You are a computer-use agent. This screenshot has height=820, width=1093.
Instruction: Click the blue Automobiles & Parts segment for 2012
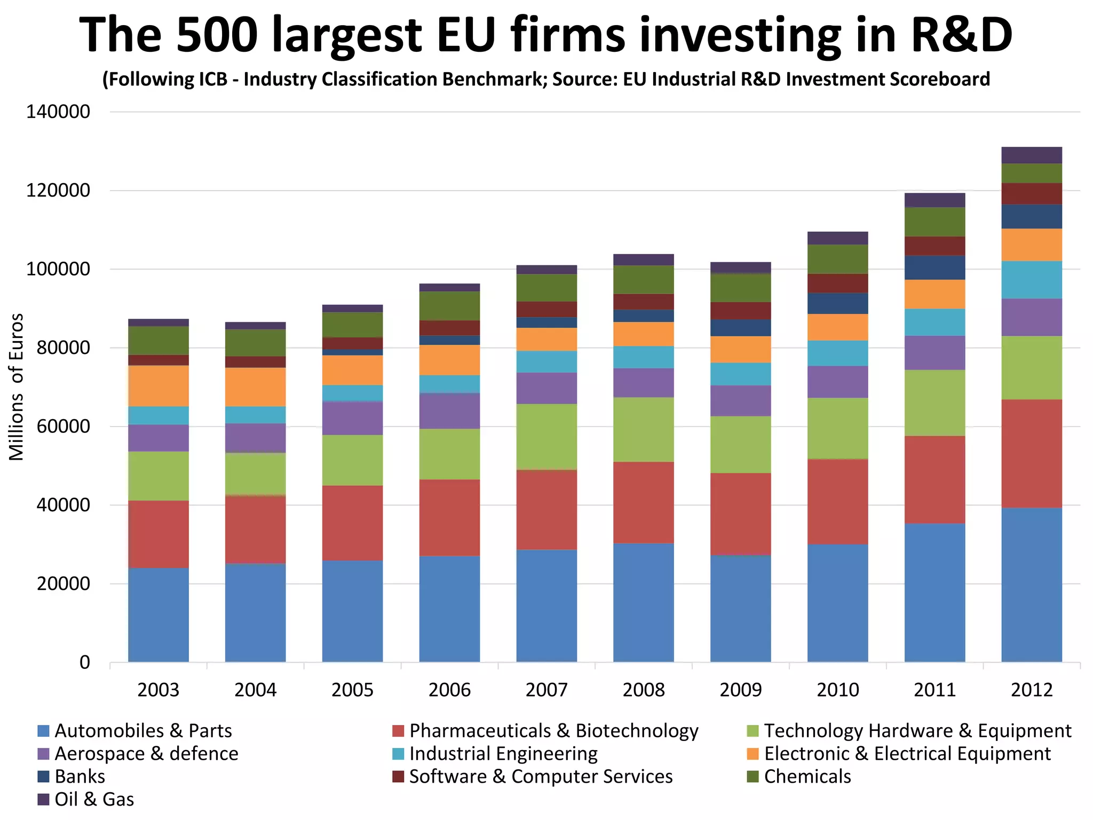(x=1031, y=585)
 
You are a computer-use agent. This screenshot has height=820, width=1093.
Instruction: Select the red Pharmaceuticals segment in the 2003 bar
(x=159, y=534)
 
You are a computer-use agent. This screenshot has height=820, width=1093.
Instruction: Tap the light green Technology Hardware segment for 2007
(x=546, y=437)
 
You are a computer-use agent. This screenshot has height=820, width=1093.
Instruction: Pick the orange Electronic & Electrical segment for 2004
(x=255, y=387)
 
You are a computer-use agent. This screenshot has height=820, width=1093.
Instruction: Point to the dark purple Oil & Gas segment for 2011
(x=934, y=200)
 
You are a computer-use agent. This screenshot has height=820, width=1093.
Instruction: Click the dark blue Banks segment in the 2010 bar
(x=837, y=303)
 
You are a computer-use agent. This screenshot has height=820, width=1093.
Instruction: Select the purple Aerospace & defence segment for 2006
(x=449, y=411)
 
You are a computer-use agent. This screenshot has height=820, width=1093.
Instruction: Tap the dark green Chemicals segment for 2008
(x=643, y=279)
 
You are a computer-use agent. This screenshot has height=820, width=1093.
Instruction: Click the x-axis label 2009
(x=740, y=690)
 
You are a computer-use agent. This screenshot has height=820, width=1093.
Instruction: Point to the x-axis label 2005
(x=352, y=690)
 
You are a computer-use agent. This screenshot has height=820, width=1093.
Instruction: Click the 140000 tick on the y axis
(x=58, y=112)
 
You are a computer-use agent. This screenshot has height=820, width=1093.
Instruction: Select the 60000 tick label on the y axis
(x=58, y=427)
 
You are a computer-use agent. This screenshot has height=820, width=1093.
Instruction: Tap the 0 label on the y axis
(x=84, y=663)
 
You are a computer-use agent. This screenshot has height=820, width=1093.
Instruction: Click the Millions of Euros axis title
(x=17, y=387)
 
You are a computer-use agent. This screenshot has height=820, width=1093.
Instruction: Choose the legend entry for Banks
(x=79, y=776)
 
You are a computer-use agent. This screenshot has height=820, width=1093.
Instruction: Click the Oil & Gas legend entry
(x=93, y=799)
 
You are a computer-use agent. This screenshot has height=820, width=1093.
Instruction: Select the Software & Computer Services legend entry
(x=540, y=776)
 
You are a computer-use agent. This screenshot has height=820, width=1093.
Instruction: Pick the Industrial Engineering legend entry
(x=503, y=753)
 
